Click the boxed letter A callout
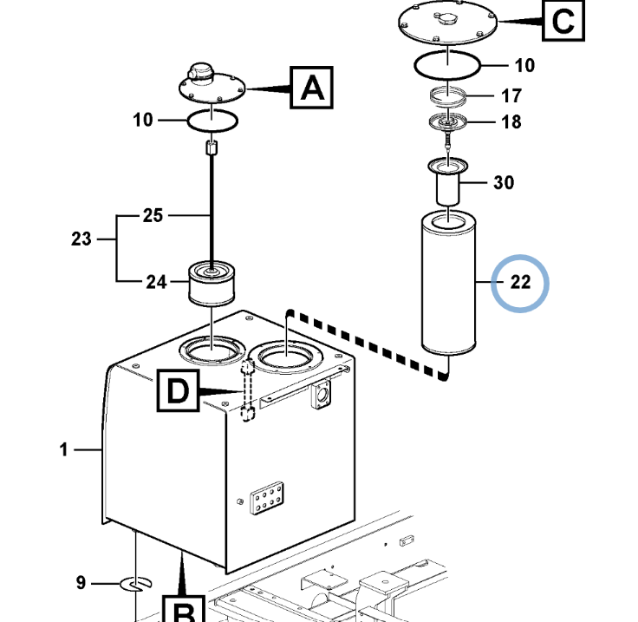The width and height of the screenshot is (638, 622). click(312, 88)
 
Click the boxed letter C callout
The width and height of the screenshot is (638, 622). click(563, 20)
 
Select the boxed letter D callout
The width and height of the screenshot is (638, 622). click(179, 390)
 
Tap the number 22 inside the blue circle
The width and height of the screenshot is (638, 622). click(520, 282)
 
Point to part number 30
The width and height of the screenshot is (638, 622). click(504, 183)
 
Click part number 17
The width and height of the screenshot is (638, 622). click(511, 96)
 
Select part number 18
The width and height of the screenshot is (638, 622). click(511, 121)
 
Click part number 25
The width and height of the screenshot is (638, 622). click(153, 215)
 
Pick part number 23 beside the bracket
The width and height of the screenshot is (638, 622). click(81, 239)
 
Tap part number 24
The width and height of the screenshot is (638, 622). click(157, 282)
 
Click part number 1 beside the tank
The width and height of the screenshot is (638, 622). click(63, 450)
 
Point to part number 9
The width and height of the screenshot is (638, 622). click(81, 583)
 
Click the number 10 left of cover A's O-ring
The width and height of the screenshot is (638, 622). click(143, 120)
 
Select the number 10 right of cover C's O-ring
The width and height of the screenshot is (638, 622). click(524, 66)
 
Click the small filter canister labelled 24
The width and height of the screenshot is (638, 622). click(212, 284)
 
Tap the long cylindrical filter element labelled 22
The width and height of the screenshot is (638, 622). click(448, 283)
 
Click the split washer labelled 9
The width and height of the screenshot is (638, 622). click(136, 584)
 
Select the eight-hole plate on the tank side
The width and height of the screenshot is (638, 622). click(267, 498)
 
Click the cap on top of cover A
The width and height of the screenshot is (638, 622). click(200, 73)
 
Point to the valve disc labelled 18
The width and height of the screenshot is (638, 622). click(447, 121)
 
